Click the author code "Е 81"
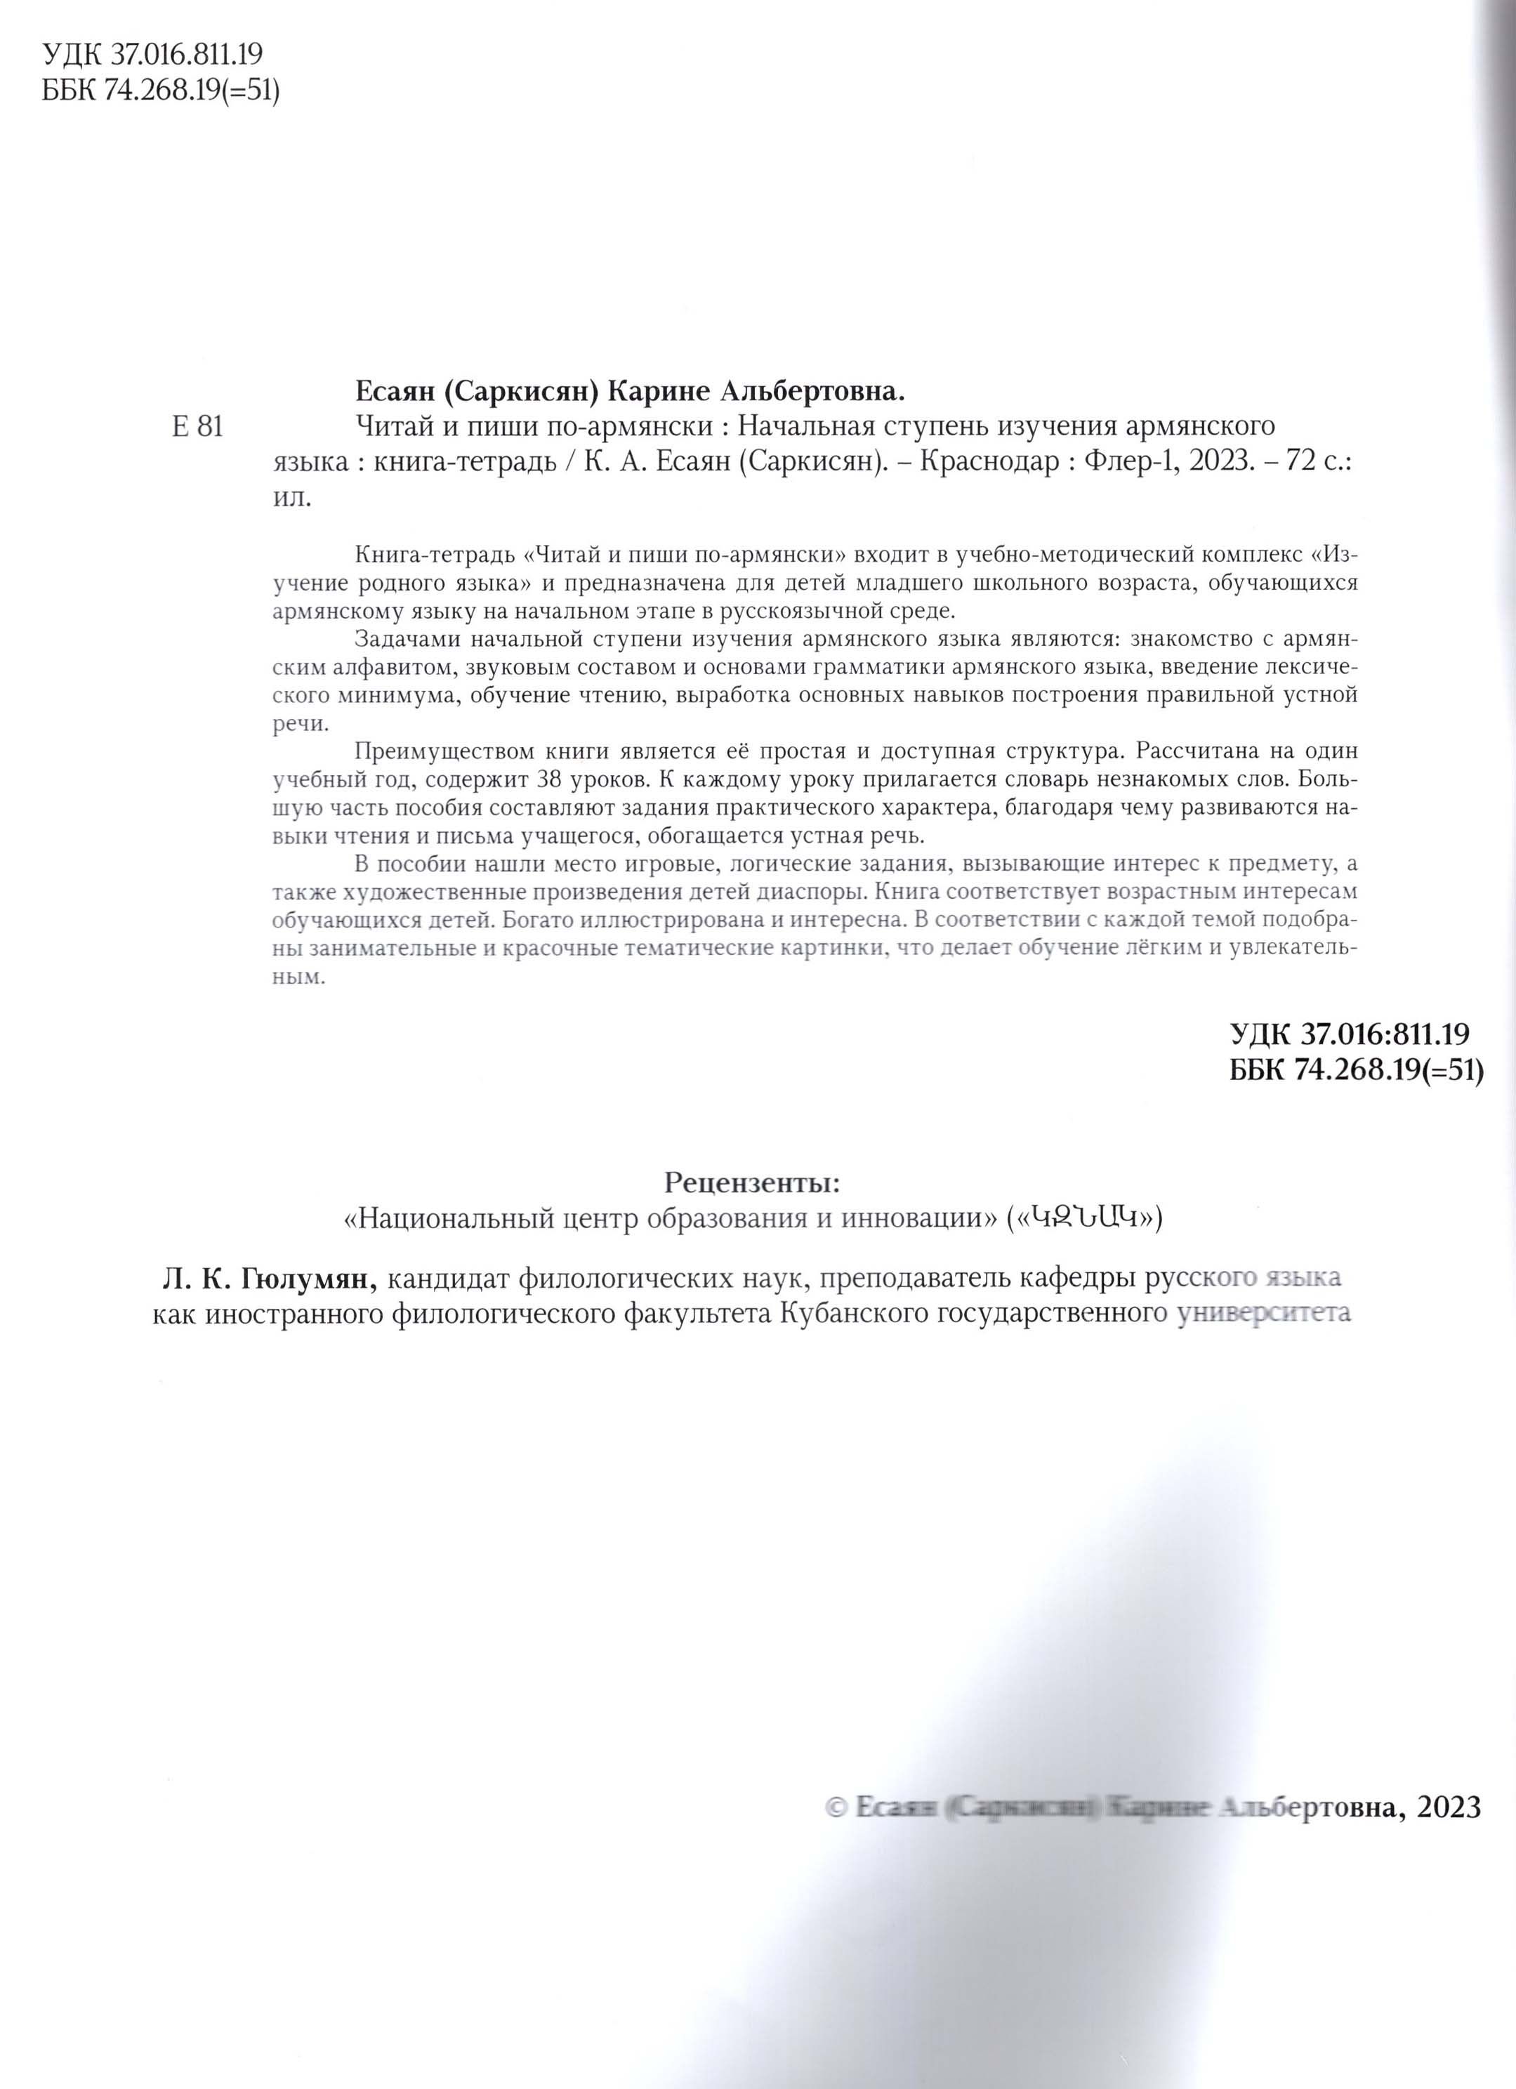tap(197, 428)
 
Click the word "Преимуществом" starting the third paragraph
tap(428, 751)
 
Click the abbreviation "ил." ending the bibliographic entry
tap(293, 499)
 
